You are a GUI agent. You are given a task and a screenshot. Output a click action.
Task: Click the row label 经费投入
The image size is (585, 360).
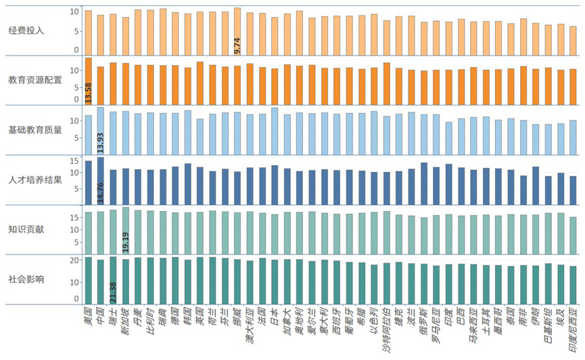pyautogui.click(x=26, y=30)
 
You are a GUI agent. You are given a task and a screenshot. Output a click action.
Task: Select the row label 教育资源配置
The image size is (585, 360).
pyautogui.click(x=34, y=80)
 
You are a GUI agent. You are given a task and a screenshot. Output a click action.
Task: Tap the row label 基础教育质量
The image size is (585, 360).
pyautogui.click(x=34, y=129)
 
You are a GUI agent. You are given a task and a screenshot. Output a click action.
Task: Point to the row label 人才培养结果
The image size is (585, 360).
pyautogui.click(x=34, y=179)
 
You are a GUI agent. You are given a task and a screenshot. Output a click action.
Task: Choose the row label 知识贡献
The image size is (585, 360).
pyautogui.click(x=26, y=229)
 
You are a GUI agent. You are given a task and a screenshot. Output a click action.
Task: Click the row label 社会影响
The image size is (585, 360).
pyautogui.click(x=26, y=278)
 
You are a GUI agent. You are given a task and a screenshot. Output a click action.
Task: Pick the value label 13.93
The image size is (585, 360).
pyautogui.click(x=101, y=143)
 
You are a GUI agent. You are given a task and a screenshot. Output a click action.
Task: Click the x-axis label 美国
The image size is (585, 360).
pyautogui.click(x=87, y=313)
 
